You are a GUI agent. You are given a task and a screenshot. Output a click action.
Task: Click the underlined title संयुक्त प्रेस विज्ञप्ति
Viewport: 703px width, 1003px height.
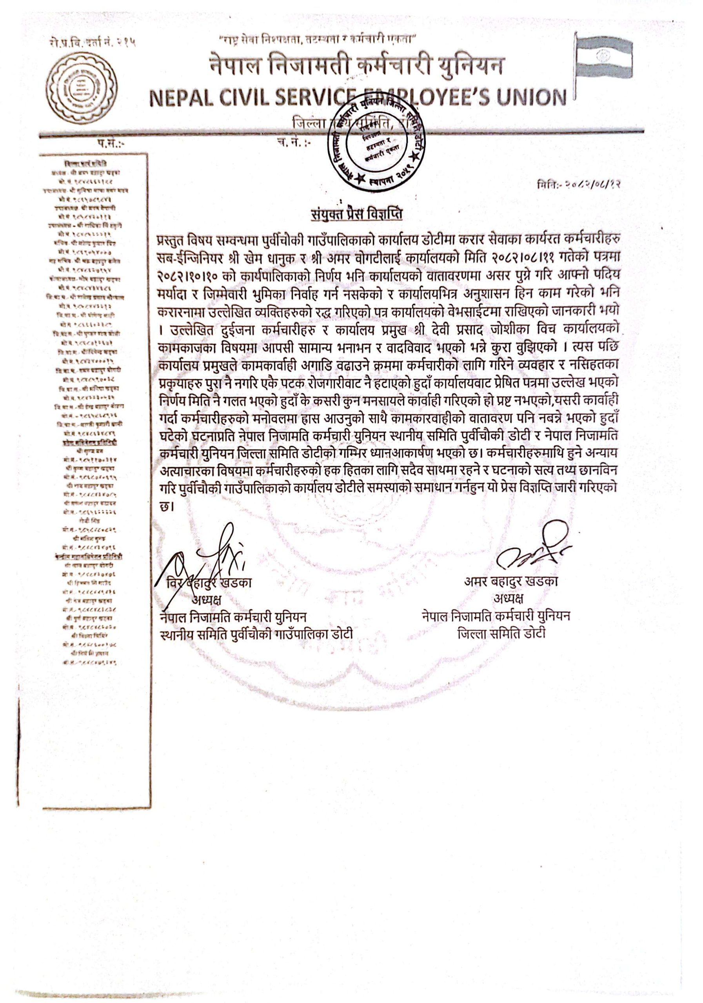[356, 214]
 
